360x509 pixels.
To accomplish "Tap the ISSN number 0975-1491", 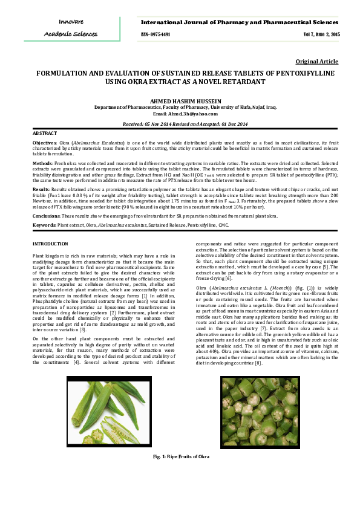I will [x=155, y=35].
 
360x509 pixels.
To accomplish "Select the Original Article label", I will [x=316, y=62].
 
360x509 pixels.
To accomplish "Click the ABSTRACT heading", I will [x=44, y=132].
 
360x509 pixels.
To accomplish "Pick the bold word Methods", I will [x=42, y=163].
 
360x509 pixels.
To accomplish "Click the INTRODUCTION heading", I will [x=50, y=243].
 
